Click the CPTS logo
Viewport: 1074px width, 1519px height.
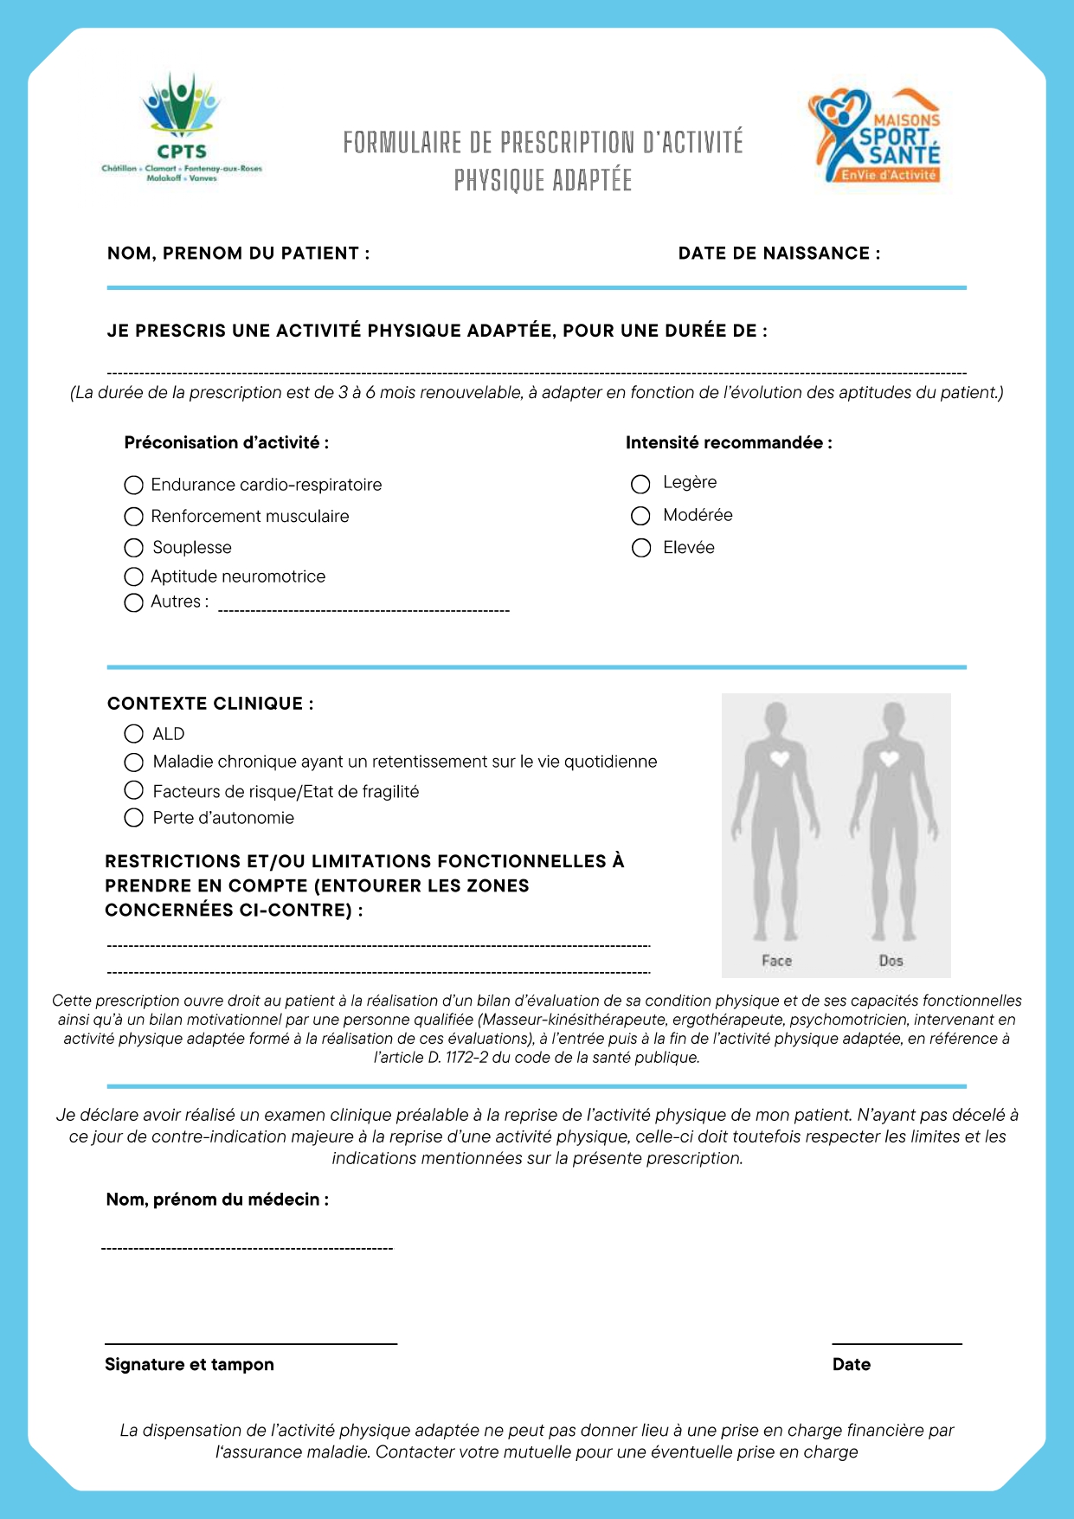coord(182,127)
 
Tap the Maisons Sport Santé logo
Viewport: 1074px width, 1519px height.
coord(875,136)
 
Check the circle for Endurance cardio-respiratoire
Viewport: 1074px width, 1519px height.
coord(133,485)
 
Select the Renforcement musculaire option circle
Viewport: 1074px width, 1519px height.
coord(133,517)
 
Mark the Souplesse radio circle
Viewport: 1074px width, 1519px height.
coord(133,548)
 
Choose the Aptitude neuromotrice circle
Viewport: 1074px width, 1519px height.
coord(133,576)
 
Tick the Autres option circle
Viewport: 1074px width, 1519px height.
coord(133,602)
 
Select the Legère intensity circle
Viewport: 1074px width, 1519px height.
coord(640,484)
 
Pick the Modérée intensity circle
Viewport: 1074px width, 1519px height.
coord(640,516)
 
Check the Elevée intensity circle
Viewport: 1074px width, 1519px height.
coord(641,548)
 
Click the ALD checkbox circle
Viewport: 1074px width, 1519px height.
coord(133,734)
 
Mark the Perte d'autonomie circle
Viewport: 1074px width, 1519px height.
coord(133,818)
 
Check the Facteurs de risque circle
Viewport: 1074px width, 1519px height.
coord(133,789)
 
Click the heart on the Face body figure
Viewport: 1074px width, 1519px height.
coord(780,759)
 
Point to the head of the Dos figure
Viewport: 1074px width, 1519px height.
coord(891,718)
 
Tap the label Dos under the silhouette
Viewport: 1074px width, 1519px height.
coord(891,961)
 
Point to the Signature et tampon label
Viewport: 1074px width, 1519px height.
coord(189,1365)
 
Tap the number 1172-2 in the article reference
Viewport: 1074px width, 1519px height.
coord(466,1058)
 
